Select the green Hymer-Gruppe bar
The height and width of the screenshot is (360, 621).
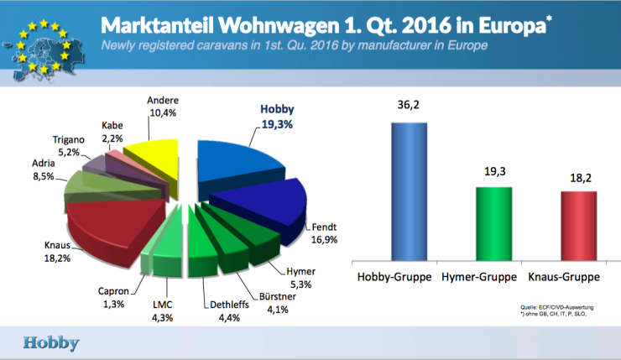[x=493, y=222]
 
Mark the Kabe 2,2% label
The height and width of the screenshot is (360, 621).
[x=113, y=131]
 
